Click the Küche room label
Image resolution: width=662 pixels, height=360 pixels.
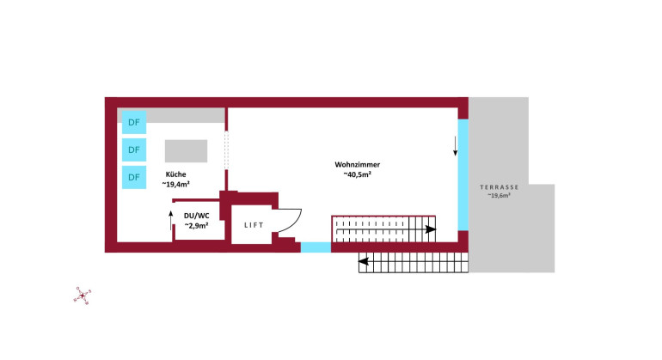(x=175, y=174)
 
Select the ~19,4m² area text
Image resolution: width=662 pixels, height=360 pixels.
(x=177, y=184)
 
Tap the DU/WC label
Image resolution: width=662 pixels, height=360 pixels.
(x=197, y=215)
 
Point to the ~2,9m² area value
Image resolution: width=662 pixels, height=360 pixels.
(x=197, y=225)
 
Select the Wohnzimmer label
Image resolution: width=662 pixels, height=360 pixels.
(x=358, y=164)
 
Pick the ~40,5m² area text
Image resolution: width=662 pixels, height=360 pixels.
(x=358, y=174)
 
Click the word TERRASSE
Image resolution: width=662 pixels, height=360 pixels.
(x=500, y=186)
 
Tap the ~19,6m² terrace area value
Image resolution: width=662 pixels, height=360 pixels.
(x=500, y=196)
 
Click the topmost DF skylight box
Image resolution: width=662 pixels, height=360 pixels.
(x=133, y=122)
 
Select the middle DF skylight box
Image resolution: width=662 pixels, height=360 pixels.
(x=133, y=149)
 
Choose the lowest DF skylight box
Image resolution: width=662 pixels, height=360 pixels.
(x=133, y=177)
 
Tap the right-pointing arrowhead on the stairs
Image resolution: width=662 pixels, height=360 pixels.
(x=431, y=229)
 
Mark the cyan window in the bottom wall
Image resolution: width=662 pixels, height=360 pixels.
(x=316, y=247)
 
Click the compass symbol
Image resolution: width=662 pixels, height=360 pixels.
(x=83, y=296)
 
